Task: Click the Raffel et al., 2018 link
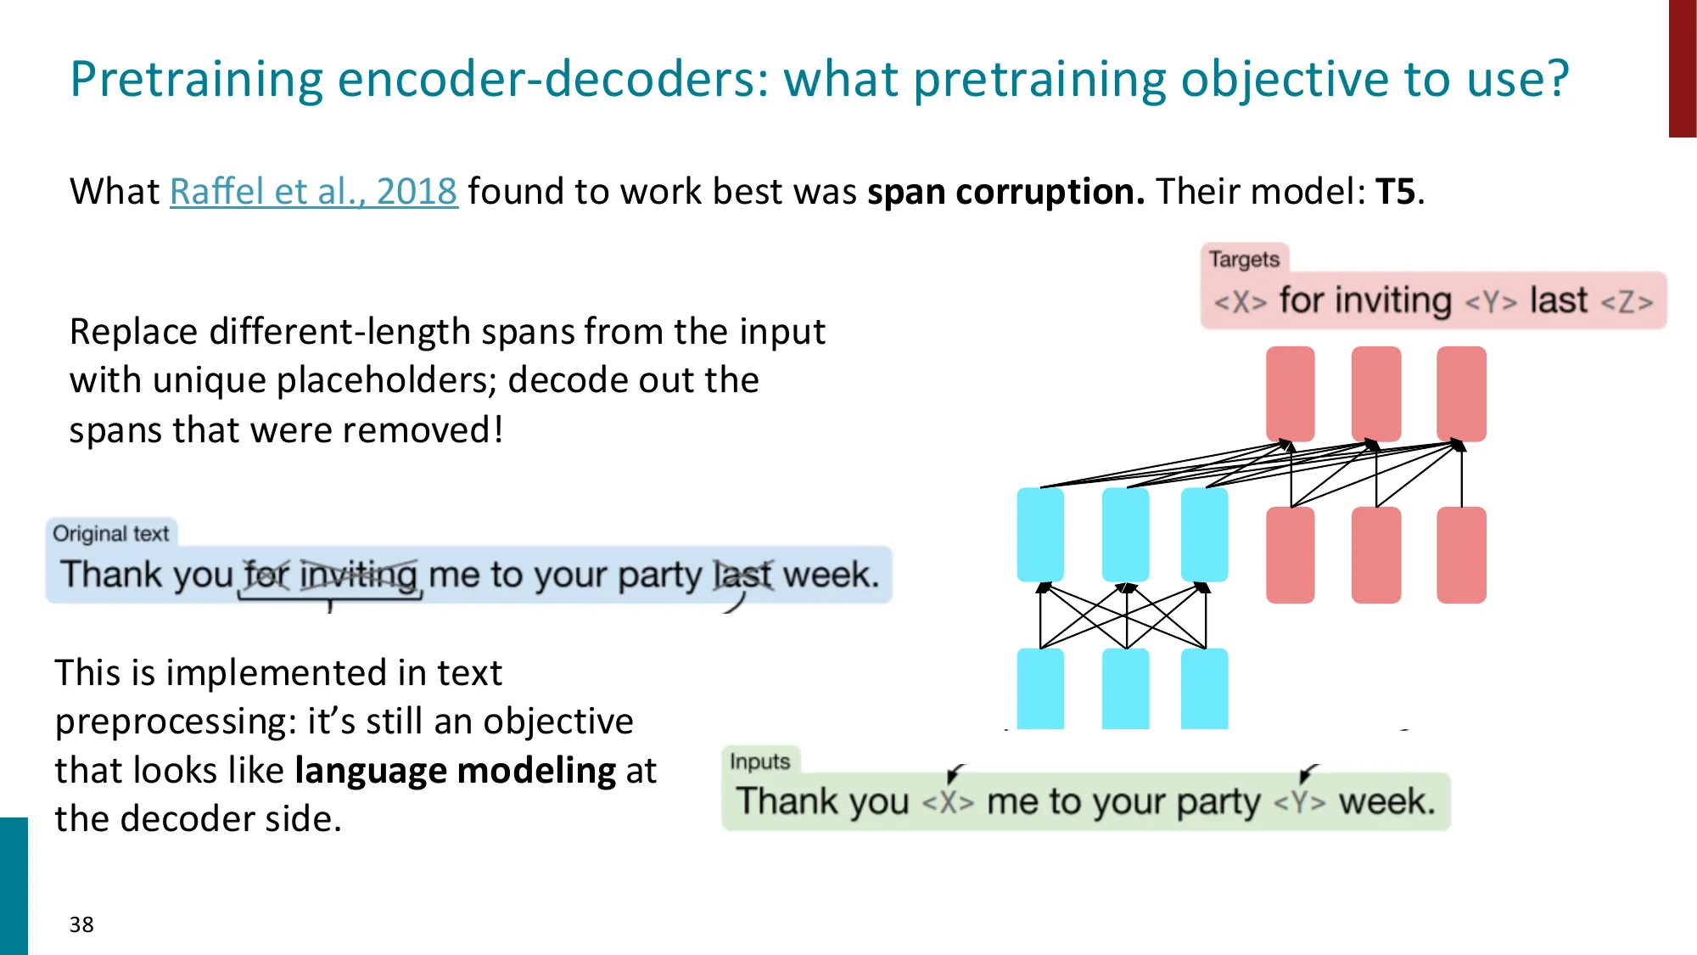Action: coord(313,192)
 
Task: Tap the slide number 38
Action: coord(81,924)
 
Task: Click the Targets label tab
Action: coord(1244,259)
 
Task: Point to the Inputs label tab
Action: coord(759,761)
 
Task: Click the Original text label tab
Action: coord(111,533)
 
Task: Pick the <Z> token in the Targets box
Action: coord(1627,302)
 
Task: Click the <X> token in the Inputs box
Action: coord(948,802)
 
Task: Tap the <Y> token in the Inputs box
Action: coord(1300,802)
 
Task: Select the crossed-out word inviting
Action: coord(358,575)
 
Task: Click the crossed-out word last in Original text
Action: coord(742,575)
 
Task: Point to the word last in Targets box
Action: coord(1558,301)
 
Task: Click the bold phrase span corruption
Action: coord(1005,192)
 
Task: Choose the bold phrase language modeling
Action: coord(456,771)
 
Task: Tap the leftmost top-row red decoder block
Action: coord(1290,394)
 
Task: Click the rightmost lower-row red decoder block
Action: coord(1461,555)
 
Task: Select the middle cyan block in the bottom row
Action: coord(1125,688)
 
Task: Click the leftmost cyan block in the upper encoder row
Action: coord(1040,535)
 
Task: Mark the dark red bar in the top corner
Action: coord(1682,68)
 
